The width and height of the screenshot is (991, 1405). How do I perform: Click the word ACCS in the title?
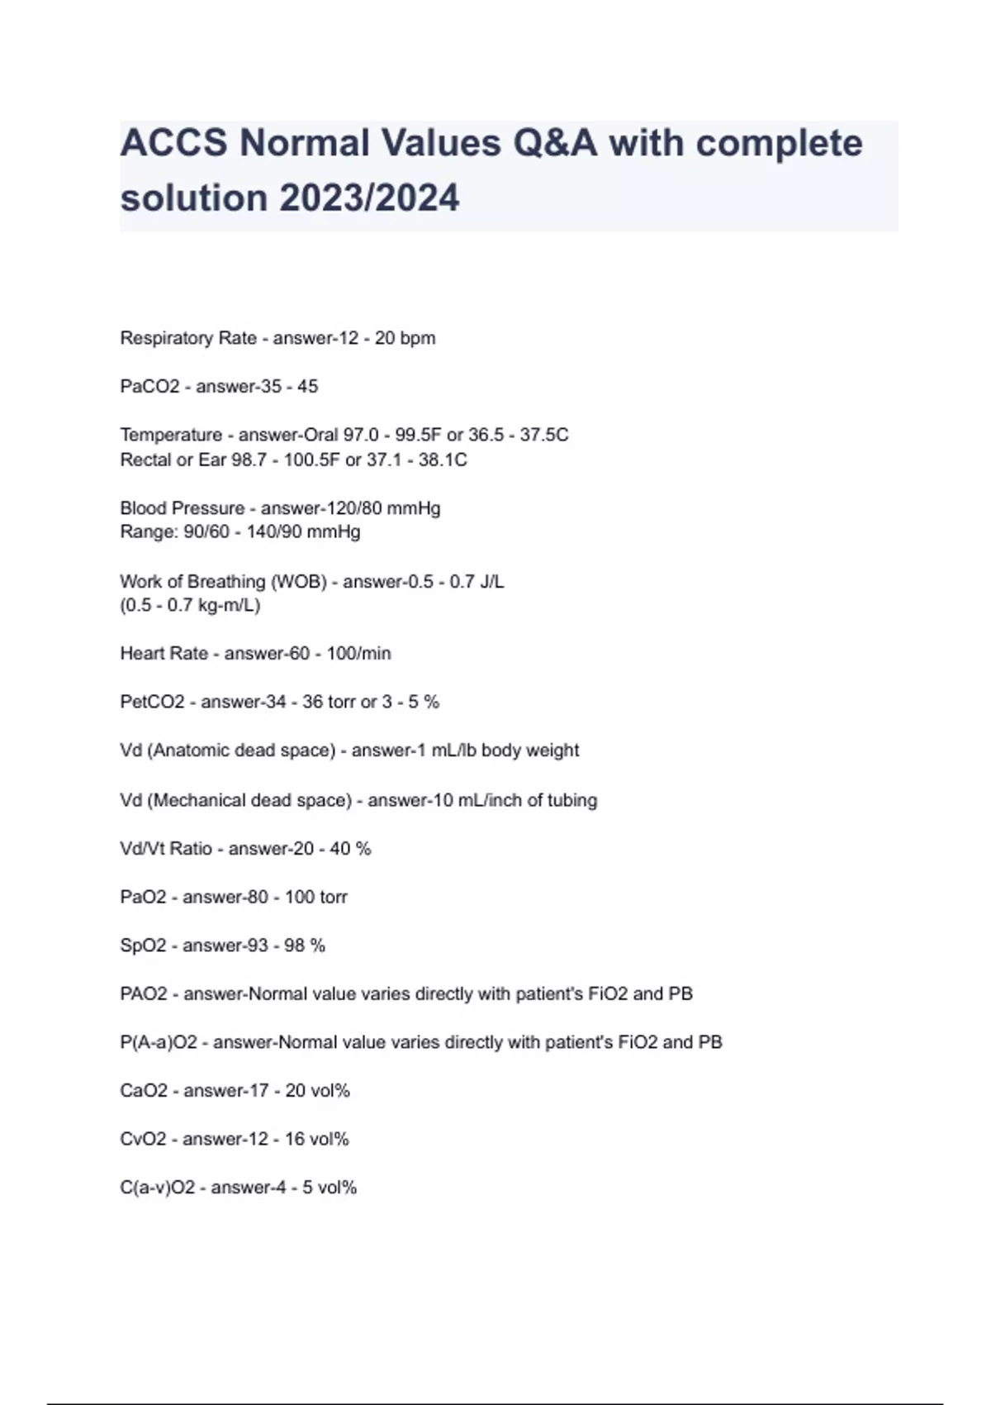[x=173, y=143]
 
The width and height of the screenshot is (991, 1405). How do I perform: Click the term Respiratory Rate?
[x=188, y=338]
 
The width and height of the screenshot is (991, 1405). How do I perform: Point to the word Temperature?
[x=171, y=435]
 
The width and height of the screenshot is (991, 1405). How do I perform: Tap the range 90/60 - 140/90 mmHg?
[x=273, y=531]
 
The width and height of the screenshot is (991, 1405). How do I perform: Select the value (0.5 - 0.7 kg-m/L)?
[x=190, y=605]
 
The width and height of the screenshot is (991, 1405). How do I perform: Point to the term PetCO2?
[x=152, y=702]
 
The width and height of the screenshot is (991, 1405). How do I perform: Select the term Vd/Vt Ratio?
[x=166, y=848]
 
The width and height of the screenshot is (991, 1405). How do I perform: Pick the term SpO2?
[x=143, y=945]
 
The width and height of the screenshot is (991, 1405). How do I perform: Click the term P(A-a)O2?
[x=159, y=1042]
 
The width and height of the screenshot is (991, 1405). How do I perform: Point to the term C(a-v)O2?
[x=158, y=1188]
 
